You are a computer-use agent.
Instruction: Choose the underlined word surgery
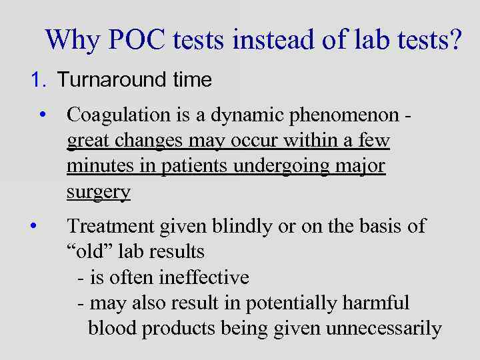tap(98, 193)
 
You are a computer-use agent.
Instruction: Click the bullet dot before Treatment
tap(33, 226)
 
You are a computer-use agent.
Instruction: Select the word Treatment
tap(111, 227)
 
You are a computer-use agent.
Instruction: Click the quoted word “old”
tap(88, 252)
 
